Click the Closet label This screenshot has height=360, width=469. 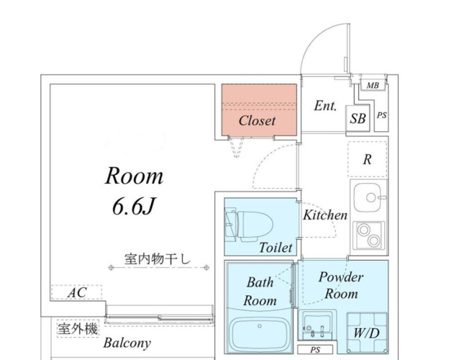coord(257,120)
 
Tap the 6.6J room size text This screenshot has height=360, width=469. coord(134,207)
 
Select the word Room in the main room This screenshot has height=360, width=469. coord(135,176)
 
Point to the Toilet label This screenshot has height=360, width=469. coord(276,247)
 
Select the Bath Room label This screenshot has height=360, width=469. coord(260,292)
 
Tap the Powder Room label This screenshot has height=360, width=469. coord(341,285)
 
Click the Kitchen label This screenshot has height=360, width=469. coord(324,215)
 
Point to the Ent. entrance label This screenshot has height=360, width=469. coord(325,106)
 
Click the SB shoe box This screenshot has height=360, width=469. coord(358,120)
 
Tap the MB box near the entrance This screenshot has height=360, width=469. coord(372,86)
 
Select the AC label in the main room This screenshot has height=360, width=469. coord(76,293)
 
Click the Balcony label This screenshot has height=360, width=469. coord(127,342)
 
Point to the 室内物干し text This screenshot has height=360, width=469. coord(157,258)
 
